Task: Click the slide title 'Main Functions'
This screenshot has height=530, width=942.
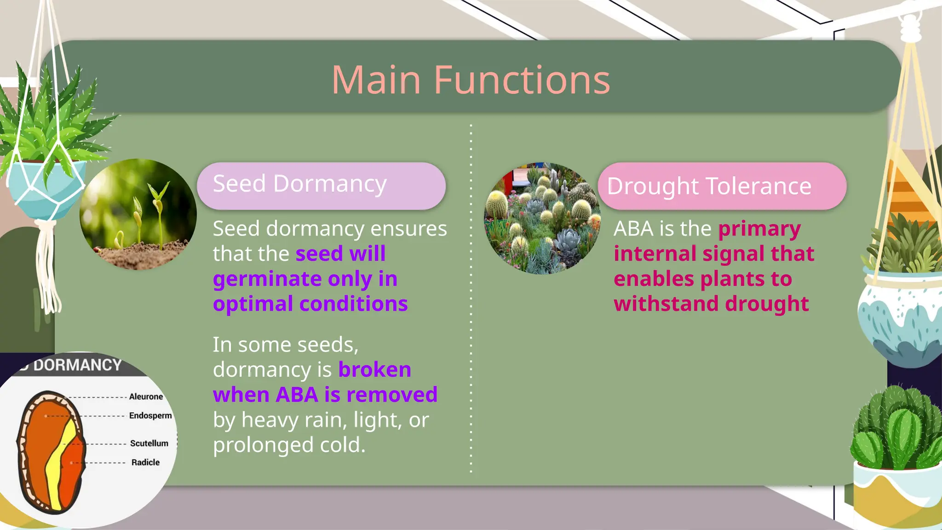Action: click(471, 80)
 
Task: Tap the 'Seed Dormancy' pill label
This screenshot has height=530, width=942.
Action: click(299, 184)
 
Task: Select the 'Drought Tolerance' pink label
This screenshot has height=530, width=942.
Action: click(709, 186)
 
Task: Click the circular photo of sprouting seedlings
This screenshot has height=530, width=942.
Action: click(138, 214)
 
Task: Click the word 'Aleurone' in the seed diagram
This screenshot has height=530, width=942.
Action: click(146, 397)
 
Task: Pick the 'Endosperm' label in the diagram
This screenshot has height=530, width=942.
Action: click(150, 415)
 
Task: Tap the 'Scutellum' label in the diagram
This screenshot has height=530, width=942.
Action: click(149, 444)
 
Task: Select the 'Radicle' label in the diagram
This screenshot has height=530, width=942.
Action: click(145, 462)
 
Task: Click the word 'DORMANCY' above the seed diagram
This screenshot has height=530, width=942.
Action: click(77, 365)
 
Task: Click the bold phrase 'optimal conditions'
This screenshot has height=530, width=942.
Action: click(310, 304)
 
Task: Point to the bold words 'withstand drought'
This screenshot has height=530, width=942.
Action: click(711, 304)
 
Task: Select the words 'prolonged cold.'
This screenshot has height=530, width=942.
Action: click(289, 445)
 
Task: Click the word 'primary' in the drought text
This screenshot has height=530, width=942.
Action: click(759, 229)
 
